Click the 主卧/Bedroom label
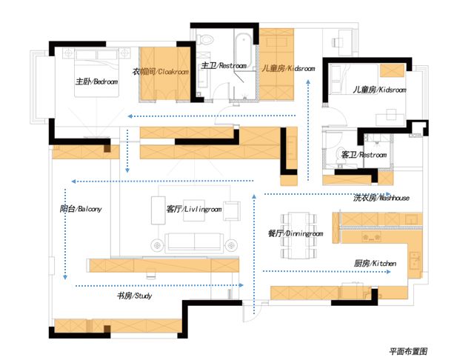coord(96,81)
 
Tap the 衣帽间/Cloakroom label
coord(161,72)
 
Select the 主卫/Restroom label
coord(224,66)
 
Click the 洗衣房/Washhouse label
coord(381,198)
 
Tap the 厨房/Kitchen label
coord(375,263)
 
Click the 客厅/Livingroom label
coord(194,209)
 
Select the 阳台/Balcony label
coord(80,209)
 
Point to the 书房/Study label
coord(133,296)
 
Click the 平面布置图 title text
coord(408,350)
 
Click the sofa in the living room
coord(194,242)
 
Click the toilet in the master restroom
coord(207,37)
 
